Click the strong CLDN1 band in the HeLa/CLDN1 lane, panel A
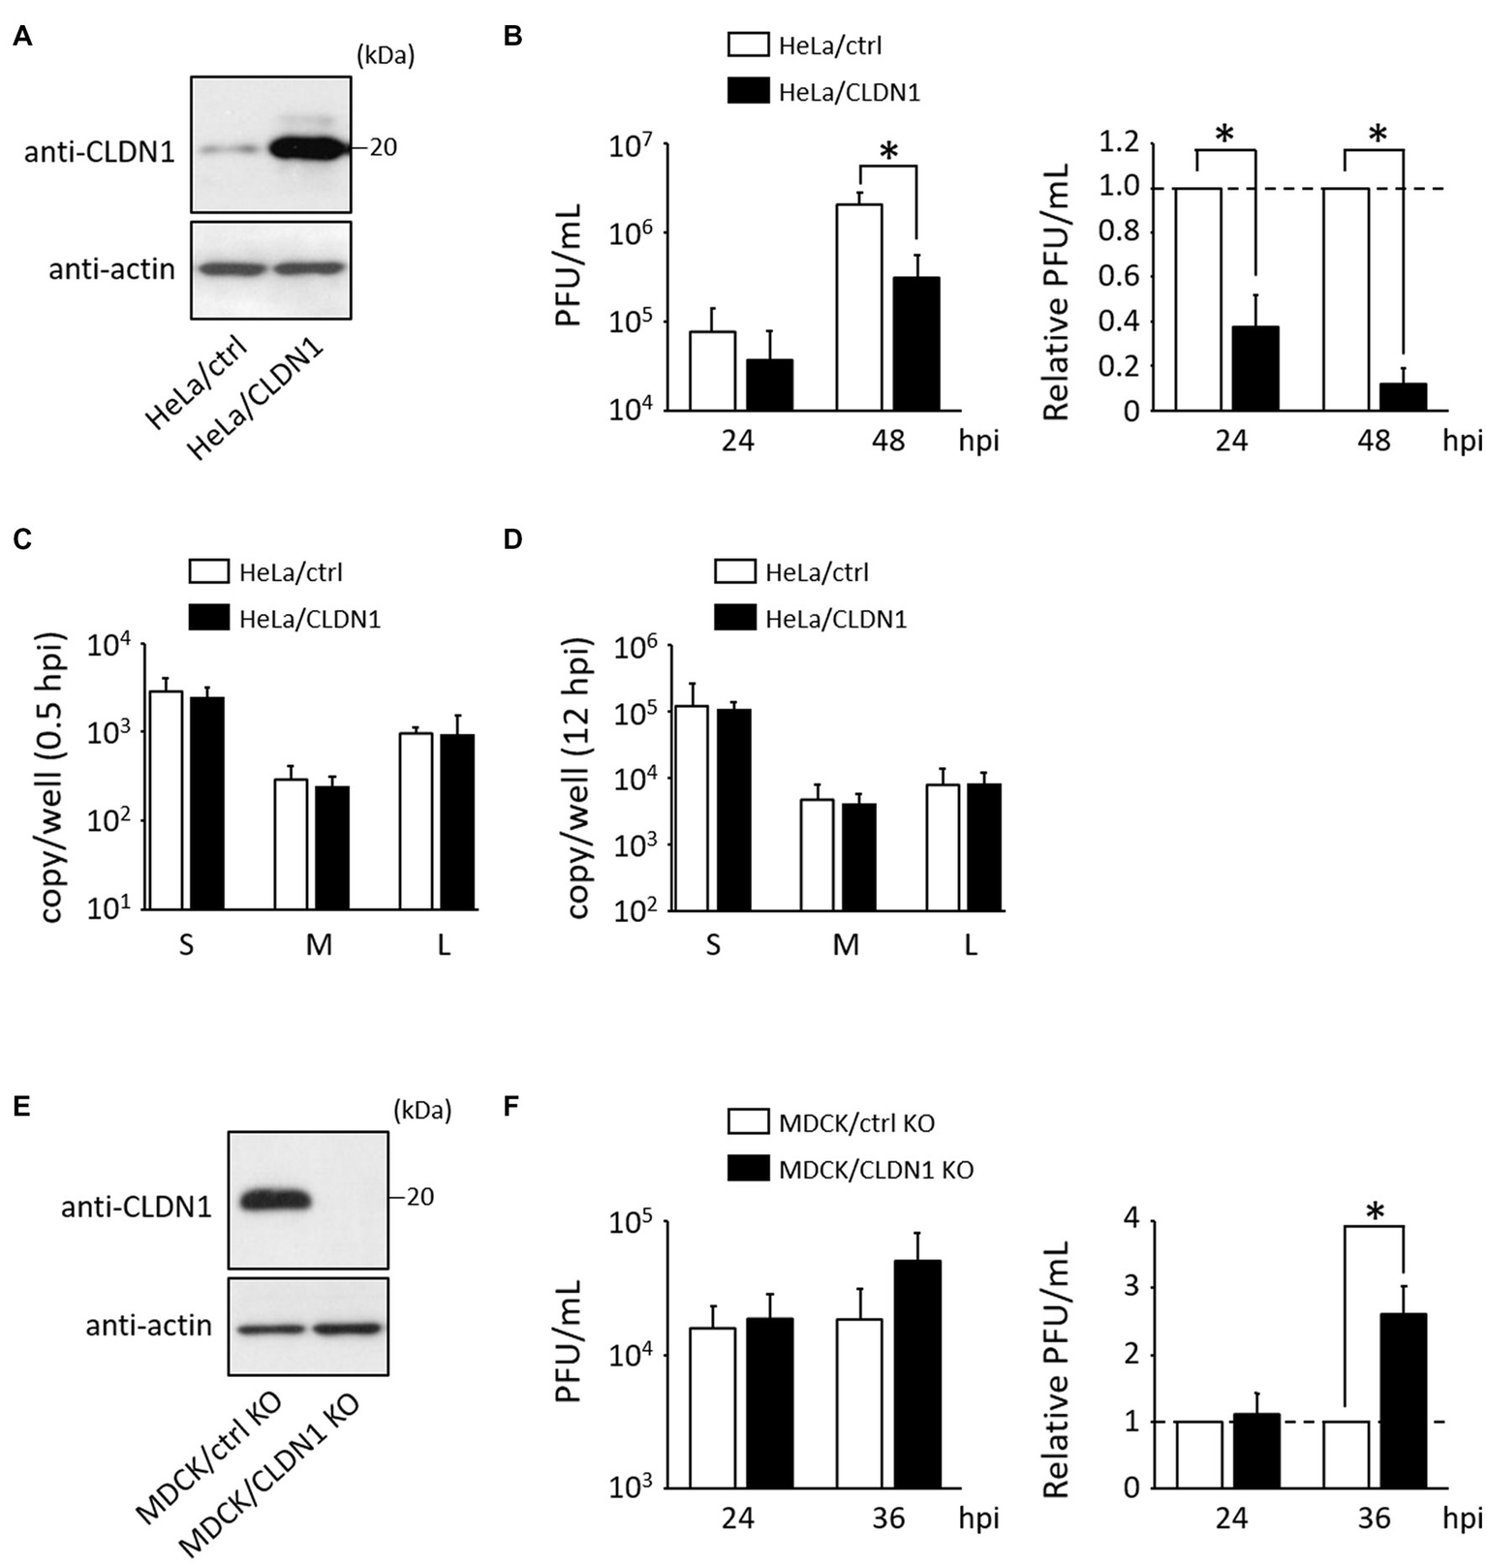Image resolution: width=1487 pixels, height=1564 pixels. click(x=307, y=148)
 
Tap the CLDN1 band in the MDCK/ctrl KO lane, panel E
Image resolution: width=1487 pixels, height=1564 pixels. click(x=275, y=1201)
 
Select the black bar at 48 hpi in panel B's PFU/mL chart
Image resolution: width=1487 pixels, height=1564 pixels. click(x=915, y=344)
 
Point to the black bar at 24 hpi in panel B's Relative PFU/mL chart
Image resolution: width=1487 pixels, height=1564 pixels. click(x=1255, y=369)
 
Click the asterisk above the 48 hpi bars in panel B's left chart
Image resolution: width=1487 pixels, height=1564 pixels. click(x=888, y=151)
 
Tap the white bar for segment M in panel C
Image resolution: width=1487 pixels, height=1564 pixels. click(x=291, y=843)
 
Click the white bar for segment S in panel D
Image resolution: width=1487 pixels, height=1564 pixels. click(x=691, y=808)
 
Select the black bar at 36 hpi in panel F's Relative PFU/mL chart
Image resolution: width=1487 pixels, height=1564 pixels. click(x=1403, y=1400)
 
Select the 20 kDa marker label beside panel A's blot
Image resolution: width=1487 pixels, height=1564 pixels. click(x=383, y=148)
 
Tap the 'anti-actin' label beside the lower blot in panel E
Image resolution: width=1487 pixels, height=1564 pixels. click(x=148, y=1325)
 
